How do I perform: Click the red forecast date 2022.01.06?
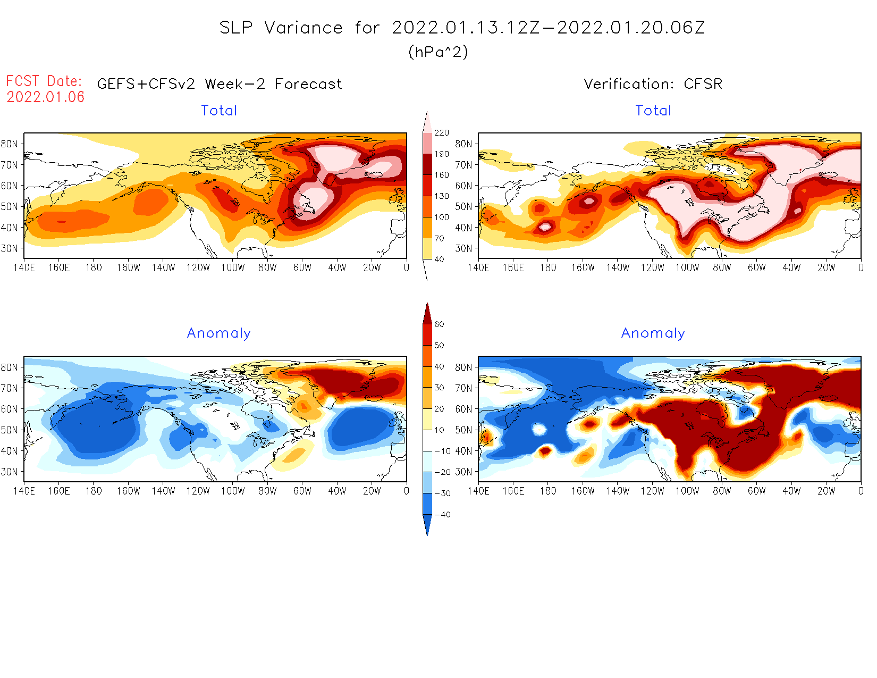(x=46, y=97)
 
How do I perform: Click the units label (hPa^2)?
(x=438, y=52)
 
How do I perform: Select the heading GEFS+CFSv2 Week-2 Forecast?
(x=220, y=84)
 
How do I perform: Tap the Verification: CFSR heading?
(x=653, y=84)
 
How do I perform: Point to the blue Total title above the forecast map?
(x=219, y=111)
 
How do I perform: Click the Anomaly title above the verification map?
(x=653, y=333)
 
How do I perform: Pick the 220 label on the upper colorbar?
(x=442, y=133)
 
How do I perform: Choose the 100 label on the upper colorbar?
(x=442, y=217)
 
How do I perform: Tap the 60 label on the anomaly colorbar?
(x=439, y=324)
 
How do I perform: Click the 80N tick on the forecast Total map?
(x=10, y=144)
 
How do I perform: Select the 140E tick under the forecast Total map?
(x=24, y=267)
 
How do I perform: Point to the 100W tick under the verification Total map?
(x=687, y=267)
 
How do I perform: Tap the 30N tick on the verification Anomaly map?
(x=463, y=472)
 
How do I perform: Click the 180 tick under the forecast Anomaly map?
(x=94, y=491)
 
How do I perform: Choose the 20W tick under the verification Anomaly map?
(x=826, y=491)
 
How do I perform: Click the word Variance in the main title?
(x=303, y=28)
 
